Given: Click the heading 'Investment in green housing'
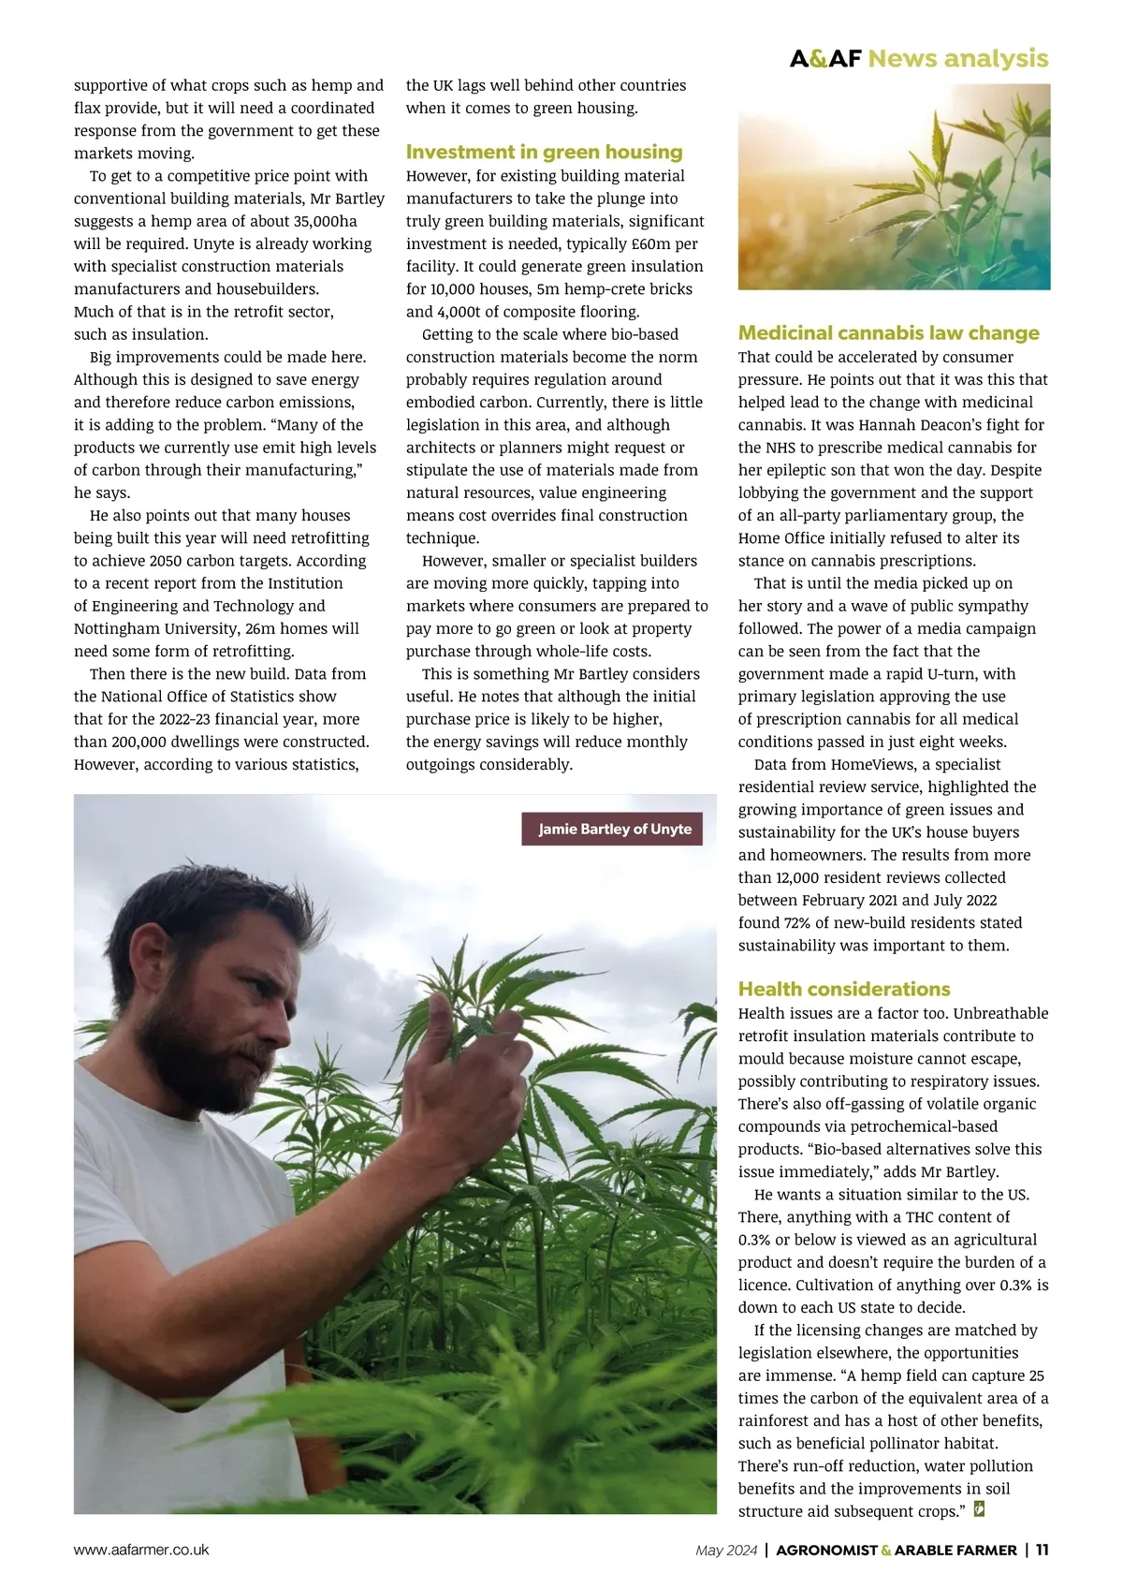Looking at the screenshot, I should click(544, 152).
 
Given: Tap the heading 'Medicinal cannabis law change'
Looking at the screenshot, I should click(888, 333).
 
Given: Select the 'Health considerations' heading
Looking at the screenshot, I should click(843, 989).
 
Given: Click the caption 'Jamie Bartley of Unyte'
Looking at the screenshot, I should click(614, 829).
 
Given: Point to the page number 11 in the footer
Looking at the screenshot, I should click(1042, 1550).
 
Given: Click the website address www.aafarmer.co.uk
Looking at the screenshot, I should click(141, 1550).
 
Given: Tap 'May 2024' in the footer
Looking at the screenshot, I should click(726, 1551).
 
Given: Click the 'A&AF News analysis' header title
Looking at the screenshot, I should click(918, 58).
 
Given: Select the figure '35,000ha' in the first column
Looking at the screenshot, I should click(323, 221).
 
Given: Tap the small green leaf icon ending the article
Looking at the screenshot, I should click(979, 1508).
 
